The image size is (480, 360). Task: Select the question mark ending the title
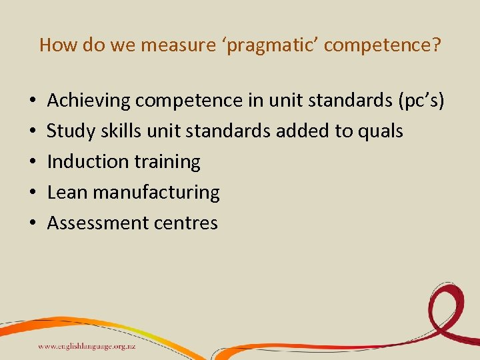[x=436, y=45]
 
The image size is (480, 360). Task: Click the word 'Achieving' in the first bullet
[x=89, y=101]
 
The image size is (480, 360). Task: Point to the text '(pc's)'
[x=420, y=101]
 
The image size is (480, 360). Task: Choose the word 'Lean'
[x=67, y=193]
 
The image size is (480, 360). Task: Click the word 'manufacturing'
[x=156, y=193]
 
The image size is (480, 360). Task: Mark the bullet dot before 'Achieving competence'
[x=33, y=101]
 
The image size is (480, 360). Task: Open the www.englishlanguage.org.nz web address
[x=87, y=346]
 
